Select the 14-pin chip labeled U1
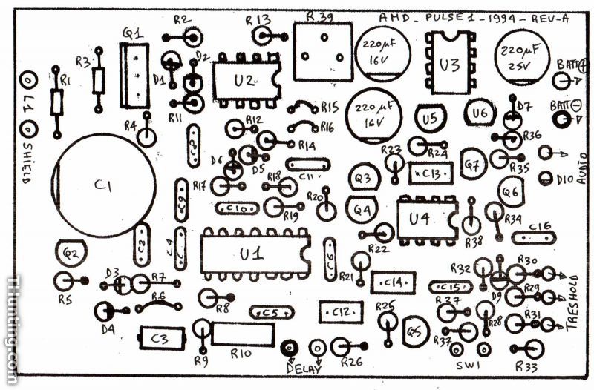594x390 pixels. click(x=252, y=253)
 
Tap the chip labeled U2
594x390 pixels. click(x=244, y=79)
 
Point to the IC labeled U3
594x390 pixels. click(x=448, y=65)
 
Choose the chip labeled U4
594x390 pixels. click(x=424, y=219)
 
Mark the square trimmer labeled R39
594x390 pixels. click(x=322, y=50)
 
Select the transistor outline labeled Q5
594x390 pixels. click(x=417, y=326)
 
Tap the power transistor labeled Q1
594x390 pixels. click(x=134, y=73)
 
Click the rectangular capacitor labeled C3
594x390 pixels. click(x=159, y=337)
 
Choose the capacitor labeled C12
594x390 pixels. click(x=341, y=311)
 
